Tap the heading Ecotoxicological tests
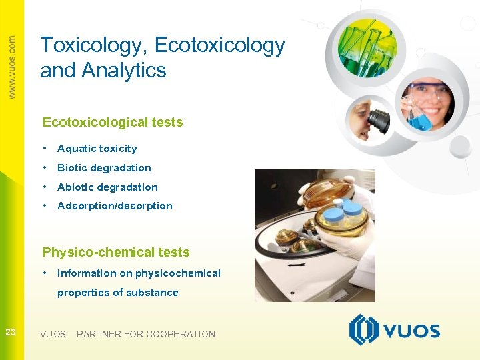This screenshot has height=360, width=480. click(x=113, y=122)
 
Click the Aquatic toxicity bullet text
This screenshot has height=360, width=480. click(x=97, y=149)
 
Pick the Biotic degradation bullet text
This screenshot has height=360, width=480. click(x=104, y=168)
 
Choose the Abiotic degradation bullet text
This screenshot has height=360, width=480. click(x=107, y=187)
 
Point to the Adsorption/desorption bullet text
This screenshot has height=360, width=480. click(x=115, y=206)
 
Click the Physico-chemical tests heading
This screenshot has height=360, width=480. click(x=116, y=252)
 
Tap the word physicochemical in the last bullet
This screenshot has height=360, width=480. click(x=177, y=273)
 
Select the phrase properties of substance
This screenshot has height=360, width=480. click(x=118, y=292)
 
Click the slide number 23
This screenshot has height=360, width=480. click(x=11, y=332)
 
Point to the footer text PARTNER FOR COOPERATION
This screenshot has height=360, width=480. click(x=146, y=334)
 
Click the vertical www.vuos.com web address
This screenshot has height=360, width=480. click(x=11, y=67)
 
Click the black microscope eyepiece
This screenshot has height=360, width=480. click(x=378, y=120)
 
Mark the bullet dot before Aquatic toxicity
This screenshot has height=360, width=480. click(x=44, y=148)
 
